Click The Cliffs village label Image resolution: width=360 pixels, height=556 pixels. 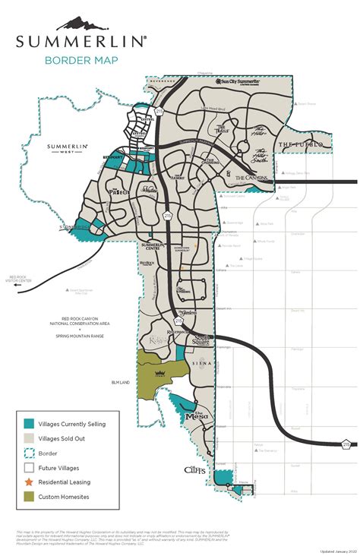195,469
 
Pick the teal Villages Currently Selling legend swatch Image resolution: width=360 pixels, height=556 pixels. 29,424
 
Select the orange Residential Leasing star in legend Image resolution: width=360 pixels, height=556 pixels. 29,482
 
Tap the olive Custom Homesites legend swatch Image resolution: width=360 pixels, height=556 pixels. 29,497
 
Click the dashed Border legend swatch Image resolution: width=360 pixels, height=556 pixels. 29,453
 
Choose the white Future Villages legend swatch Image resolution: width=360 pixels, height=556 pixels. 29,468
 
